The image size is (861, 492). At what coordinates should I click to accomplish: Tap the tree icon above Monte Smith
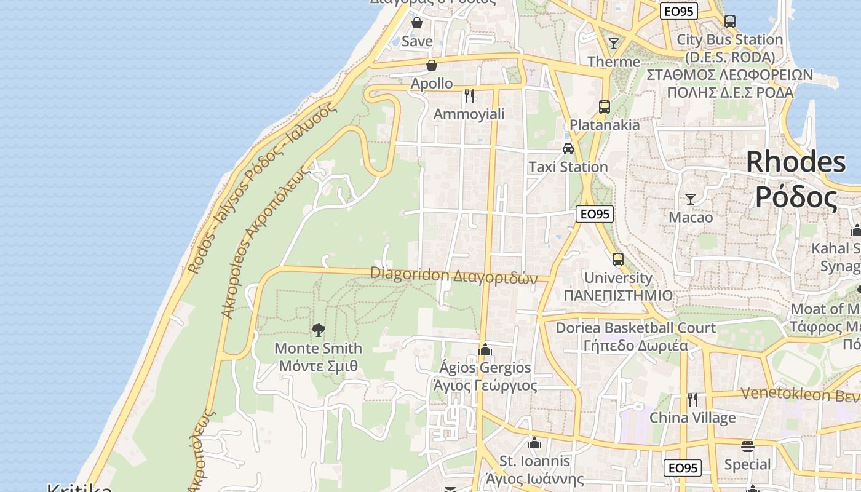[318, 330]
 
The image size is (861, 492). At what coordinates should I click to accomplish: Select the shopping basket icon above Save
[417, 23]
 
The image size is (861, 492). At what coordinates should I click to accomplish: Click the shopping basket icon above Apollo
[432, 65]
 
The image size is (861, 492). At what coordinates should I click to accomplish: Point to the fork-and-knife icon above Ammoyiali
[469, 95]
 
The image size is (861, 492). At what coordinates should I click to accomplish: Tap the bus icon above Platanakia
[605, 106]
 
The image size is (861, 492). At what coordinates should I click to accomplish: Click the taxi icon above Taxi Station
[568, 149]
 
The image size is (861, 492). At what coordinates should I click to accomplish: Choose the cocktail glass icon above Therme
[614, 43]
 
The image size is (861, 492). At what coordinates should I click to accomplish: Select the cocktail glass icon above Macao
[691, 199]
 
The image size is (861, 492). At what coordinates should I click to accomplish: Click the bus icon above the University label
[618, 259]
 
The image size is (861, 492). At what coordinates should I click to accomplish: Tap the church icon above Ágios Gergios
[485, 349]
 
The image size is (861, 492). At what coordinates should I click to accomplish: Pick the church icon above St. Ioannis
[534, 443]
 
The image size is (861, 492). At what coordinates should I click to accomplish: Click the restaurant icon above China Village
[692, 399]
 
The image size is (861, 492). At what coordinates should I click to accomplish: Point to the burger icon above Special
[748, 446]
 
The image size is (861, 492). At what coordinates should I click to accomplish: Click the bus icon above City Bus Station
[730, 22]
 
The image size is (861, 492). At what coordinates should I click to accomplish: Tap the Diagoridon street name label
[454, 276]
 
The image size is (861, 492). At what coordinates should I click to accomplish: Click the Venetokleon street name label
[799, 394]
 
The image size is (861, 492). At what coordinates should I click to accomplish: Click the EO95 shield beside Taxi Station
[595, 213]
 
